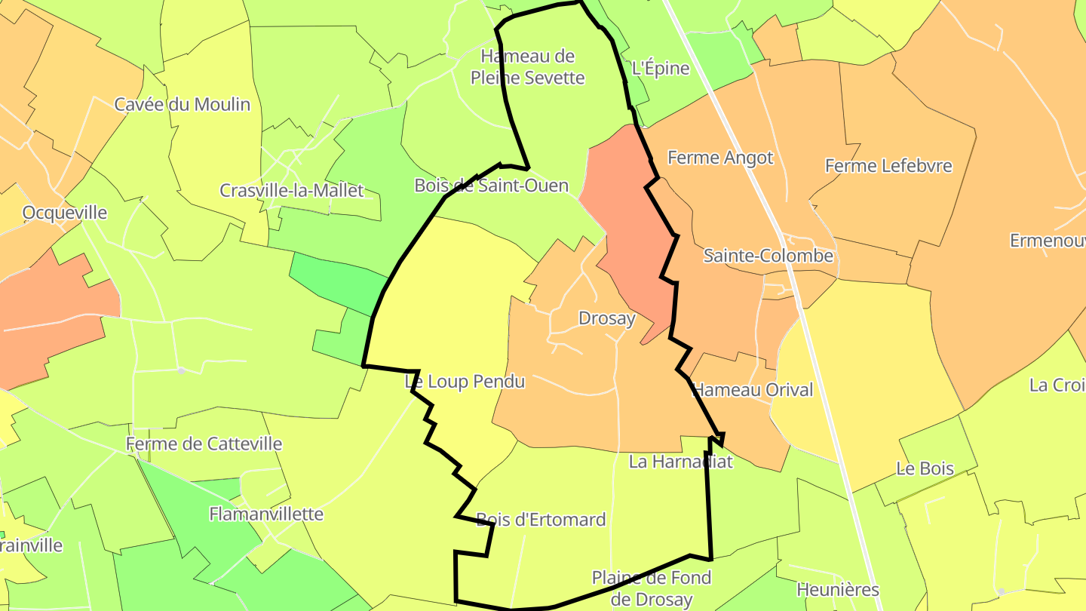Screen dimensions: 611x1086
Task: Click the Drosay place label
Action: coord(606,318)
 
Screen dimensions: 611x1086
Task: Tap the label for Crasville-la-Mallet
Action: coord(291,190)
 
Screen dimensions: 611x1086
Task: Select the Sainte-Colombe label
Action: coord(768,256)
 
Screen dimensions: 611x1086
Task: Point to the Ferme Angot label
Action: coord(720,158)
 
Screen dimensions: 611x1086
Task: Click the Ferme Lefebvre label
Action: coord(888,165)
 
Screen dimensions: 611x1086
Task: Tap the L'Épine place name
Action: coord(660,69)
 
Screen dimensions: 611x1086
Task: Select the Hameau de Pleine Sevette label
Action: coord(527,66)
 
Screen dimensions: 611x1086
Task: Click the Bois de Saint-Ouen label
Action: coord(491,186)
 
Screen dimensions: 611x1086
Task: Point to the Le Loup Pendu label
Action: coord(465,382)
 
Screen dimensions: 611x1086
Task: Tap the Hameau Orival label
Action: coord(753,390)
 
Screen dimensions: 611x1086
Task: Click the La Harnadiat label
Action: coord(680,462)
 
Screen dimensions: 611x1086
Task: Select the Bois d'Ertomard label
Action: coord(541,520)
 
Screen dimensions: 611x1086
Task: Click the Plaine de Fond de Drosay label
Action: coord(651,588)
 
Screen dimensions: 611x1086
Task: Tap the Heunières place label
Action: coord(838,590)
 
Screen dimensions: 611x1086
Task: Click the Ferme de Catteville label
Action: coord(204,444)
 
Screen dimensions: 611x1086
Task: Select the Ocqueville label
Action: coord(64,213)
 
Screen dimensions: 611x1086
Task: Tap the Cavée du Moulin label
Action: coord(182,104)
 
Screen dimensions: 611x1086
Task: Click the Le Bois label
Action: coord(925,468)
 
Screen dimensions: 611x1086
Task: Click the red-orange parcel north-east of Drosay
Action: coord(626,226)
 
